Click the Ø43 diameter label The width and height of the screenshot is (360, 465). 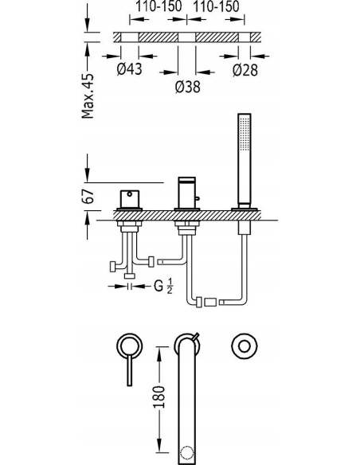129,69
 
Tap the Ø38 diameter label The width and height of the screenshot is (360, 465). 188,87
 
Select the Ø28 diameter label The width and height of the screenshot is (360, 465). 245,70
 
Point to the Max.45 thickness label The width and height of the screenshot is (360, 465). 88,96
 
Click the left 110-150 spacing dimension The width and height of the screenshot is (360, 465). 158,6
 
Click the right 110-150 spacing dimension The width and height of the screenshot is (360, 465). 216,6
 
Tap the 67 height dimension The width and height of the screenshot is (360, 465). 88,196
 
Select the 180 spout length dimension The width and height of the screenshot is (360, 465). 159,397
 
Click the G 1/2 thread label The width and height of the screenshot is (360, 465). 162,286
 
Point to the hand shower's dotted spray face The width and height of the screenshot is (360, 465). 244,135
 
